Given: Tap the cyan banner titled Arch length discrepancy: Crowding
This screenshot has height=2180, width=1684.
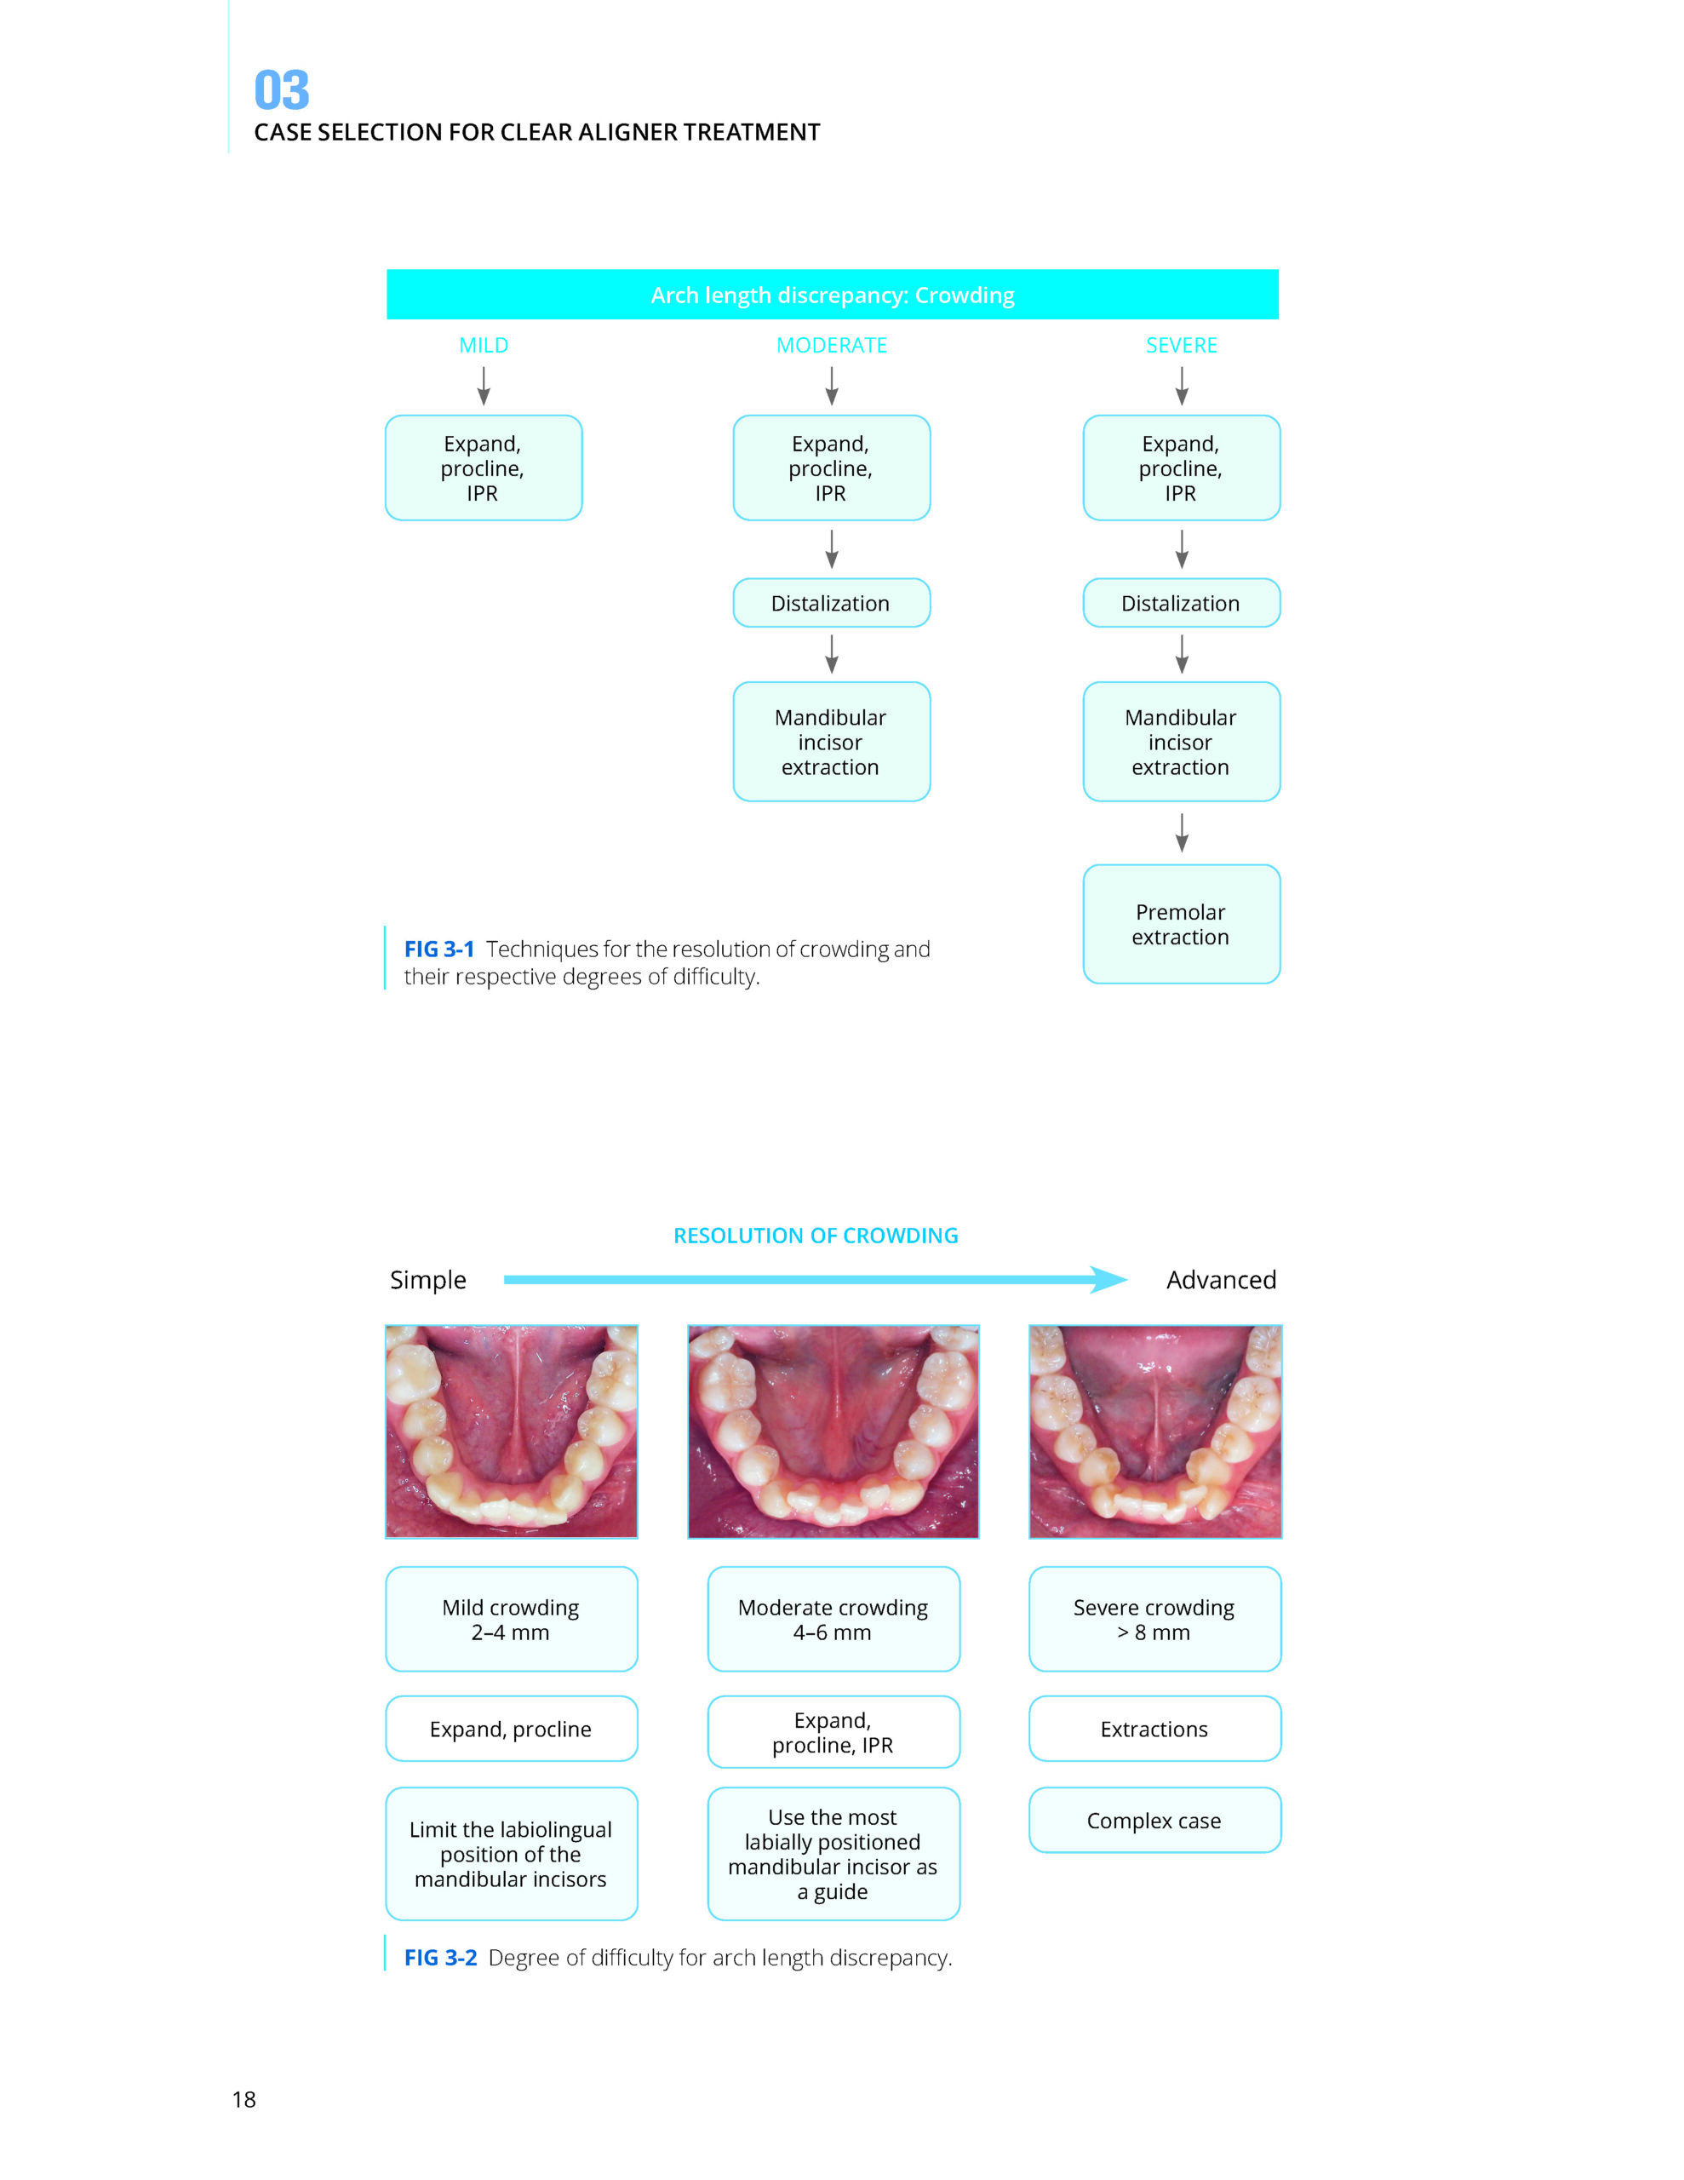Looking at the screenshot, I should pos(832,295).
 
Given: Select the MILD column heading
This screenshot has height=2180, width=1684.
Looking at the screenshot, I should pos(483,346).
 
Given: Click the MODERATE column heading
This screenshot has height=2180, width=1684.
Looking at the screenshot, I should pos(832,346).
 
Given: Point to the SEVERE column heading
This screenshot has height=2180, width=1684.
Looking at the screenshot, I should pos(1181,346).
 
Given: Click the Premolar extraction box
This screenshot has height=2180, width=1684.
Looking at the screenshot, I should pos(1181,923).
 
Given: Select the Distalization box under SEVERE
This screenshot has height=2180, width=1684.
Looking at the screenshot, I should pos(1181,603).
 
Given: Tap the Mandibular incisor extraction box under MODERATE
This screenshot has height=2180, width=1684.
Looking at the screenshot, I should pos(832,742).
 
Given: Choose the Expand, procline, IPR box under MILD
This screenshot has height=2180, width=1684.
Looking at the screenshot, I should pos(483,468).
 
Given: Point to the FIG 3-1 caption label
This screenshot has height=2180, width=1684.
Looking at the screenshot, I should pos(438,949).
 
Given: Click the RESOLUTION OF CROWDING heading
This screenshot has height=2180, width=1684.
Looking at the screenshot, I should pos(816,1236).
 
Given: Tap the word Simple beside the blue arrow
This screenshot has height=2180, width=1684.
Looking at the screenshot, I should pos(427,1280).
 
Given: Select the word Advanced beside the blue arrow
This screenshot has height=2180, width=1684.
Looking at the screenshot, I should pos(1221,1280).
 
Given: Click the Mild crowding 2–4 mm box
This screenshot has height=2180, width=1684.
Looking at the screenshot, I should pos(511,1619).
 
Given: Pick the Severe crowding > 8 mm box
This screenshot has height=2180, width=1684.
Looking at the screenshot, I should pos(1154,1619).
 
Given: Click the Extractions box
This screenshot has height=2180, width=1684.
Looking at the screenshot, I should pos(1154,1729).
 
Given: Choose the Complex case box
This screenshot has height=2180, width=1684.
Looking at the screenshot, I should pos(1154,1821).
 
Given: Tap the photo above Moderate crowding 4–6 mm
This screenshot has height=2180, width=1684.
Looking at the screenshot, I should pos(833,1431).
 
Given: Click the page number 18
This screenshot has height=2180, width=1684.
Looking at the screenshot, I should pos(243,2100).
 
